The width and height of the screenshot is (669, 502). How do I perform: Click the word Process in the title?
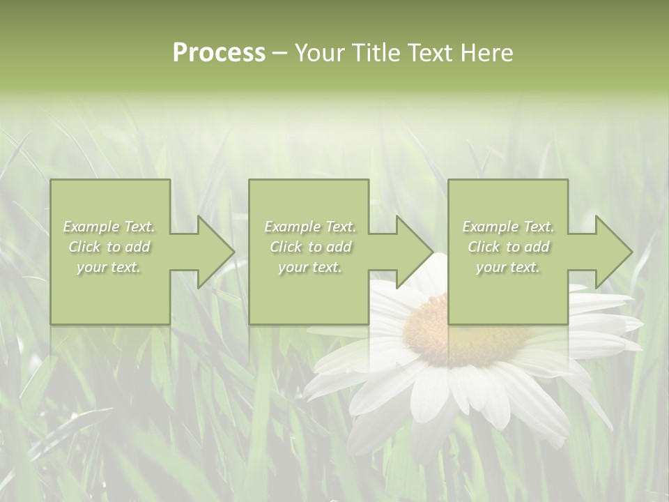219,54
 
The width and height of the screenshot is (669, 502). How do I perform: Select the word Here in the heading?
486,54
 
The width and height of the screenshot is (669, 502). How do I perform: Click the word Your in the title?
321,54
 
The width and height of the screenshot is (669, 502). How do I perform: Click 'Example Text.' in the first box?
109,227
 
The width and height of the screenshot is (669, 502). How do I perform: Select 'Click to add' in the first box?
109,247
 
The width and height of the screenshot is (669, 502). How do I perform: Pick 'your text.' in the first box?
109,267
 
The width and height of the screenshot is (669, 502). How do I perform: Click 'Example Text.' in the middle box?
309,227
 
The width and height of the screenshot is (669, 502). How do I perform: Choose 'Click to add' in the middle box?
309,247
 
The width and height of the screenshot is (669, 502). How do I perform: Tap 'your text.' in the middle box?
309,267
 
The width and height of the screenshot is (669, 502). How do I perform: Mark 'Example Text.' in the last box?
508,227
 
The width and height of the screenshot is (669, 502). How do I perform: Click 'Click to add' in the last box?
508,247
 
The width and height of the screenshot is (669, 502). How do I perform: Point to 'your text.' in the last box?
508,267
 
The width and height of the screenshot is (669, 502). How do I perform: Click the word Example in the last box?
491,227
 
